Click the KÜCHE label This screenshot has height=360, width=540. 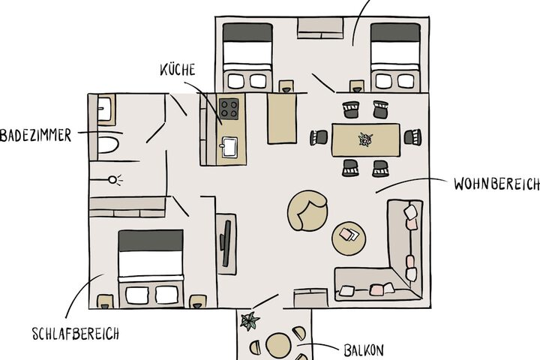178,70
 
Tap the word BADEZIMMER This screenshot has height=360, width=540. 35,135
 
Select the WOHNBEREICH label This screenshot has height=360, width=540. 496,184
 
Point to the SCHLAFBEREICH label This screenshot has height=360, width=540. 76,334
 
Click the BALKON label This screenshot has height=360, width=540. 364,350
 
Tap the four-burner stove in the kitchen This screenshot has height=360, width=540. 229,109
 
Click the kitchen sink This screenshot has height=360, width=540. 229,147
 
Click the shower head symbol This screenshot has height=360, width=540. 112,179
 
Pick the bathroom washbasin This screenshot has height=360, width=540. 104,109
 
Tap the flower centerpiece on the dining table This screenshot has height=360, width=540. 365,139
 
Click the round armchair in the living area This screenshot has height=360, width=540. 307,211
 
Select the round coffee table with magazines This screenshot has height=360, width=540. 349,238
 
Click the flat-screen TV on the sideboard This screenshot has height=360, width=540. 226,243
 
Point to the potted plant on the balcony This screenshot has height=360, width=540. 249,321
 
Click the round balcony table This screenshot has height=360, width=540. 278,346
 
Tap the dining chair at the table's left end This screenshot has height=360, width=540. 319,137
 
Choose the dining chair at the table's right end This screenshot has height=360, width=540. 412,136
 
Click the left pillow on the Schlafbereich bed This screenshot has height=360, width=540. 137,295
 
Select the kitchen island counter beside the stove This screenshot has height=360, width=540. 282,118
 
